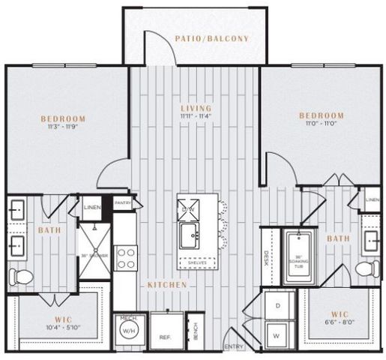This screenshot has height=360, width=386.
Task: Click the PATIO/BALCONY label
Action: pos(211,38)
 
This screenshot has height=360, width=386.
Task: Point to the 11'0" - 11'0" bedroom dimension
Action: pos(321,124)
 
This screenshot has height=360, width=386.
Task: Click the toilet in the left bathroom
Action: pos(22,277)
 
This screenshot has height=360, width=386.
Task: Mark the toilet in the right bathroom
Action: pos(367,268)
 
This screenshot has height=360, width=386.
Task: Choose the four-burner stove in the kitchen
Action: pos(125,257)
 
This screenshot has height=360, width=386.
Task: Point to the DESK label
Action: pos(266,258)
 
